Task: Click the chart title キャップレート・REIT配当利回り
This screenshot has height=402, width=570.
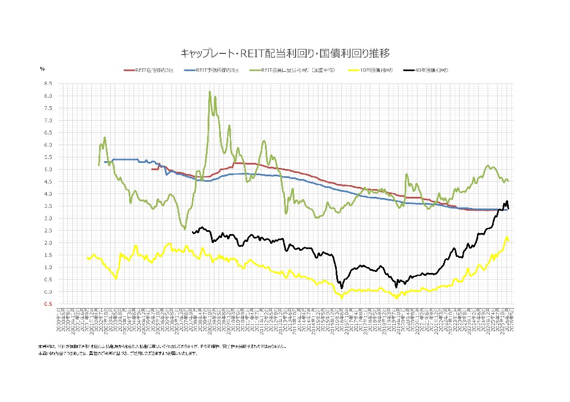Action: click(x=284, y=53)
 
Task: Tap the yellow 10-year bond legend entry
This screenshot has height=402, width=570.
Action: click(x=370, y=71)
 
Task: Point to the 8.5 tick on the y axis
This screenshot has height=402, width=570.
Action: click(x=48, y=83)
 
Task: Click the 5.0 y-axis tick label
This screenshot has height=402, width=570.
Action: click(x=48, y=169)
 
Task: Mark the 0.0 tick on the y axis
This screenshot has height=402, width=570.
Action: click(x=48, y=291)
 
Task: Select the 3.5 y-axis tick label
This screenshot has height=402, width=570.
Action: click(x=48, y=206)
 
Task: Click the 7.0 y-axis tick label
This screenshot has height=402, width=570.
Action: click(x=48, y=120)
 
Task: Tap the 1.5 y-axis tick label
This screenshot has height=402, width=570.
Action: click(x=48, y=255)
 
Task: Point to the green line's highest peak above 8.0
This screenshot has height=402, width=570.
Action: click(x=209, y=92)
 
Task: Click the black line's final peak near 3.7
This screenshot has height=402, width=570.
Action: click(x=507, y=201)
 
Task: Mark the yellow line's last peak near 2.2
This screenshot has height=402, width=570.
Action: click(x=507, y=237)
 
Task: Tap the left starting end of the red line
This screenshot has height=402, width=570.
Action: click(x=151, y=169)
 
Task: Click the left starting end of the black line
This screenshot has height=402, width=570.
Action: click(x=192, y=232)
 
